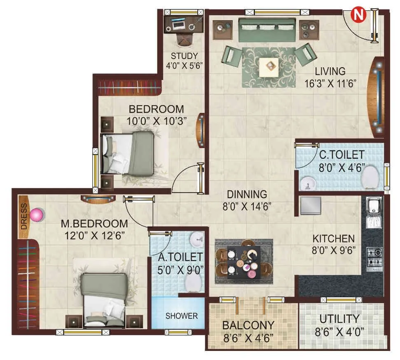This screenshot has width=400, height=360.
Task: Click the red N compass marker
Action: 358,15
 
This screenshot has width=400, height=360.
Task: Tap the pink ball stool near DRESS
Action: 37,215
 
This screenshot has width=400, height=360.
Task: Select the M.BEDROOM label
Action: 94,224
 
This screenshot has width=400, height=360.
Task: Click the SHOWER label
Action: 181,316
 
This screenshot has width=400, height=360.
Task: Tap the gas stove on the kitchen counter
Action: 374,257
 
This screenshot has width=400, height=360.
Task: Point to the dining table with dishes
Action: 243,262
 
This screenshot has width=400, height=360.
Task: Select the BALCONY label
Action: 248,325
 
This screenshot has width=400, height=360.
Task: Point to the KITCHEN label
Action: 333,238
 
